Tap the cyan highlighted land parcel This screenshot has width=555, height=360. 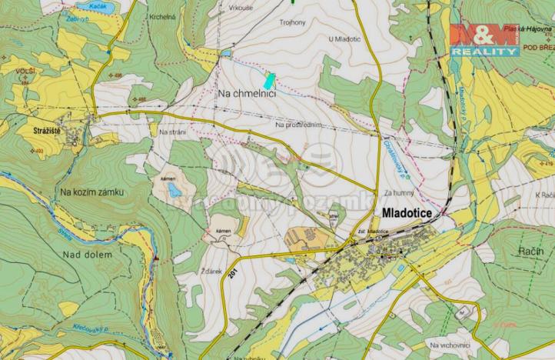point(268,79)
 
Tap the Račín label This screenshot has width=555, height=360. point(530,252)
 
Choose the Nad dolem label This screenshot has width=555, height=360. point(88,255)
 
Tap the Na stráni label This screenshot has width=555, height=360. point(173,132)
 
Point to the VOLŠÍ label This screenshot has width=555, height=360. point(24,71)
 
